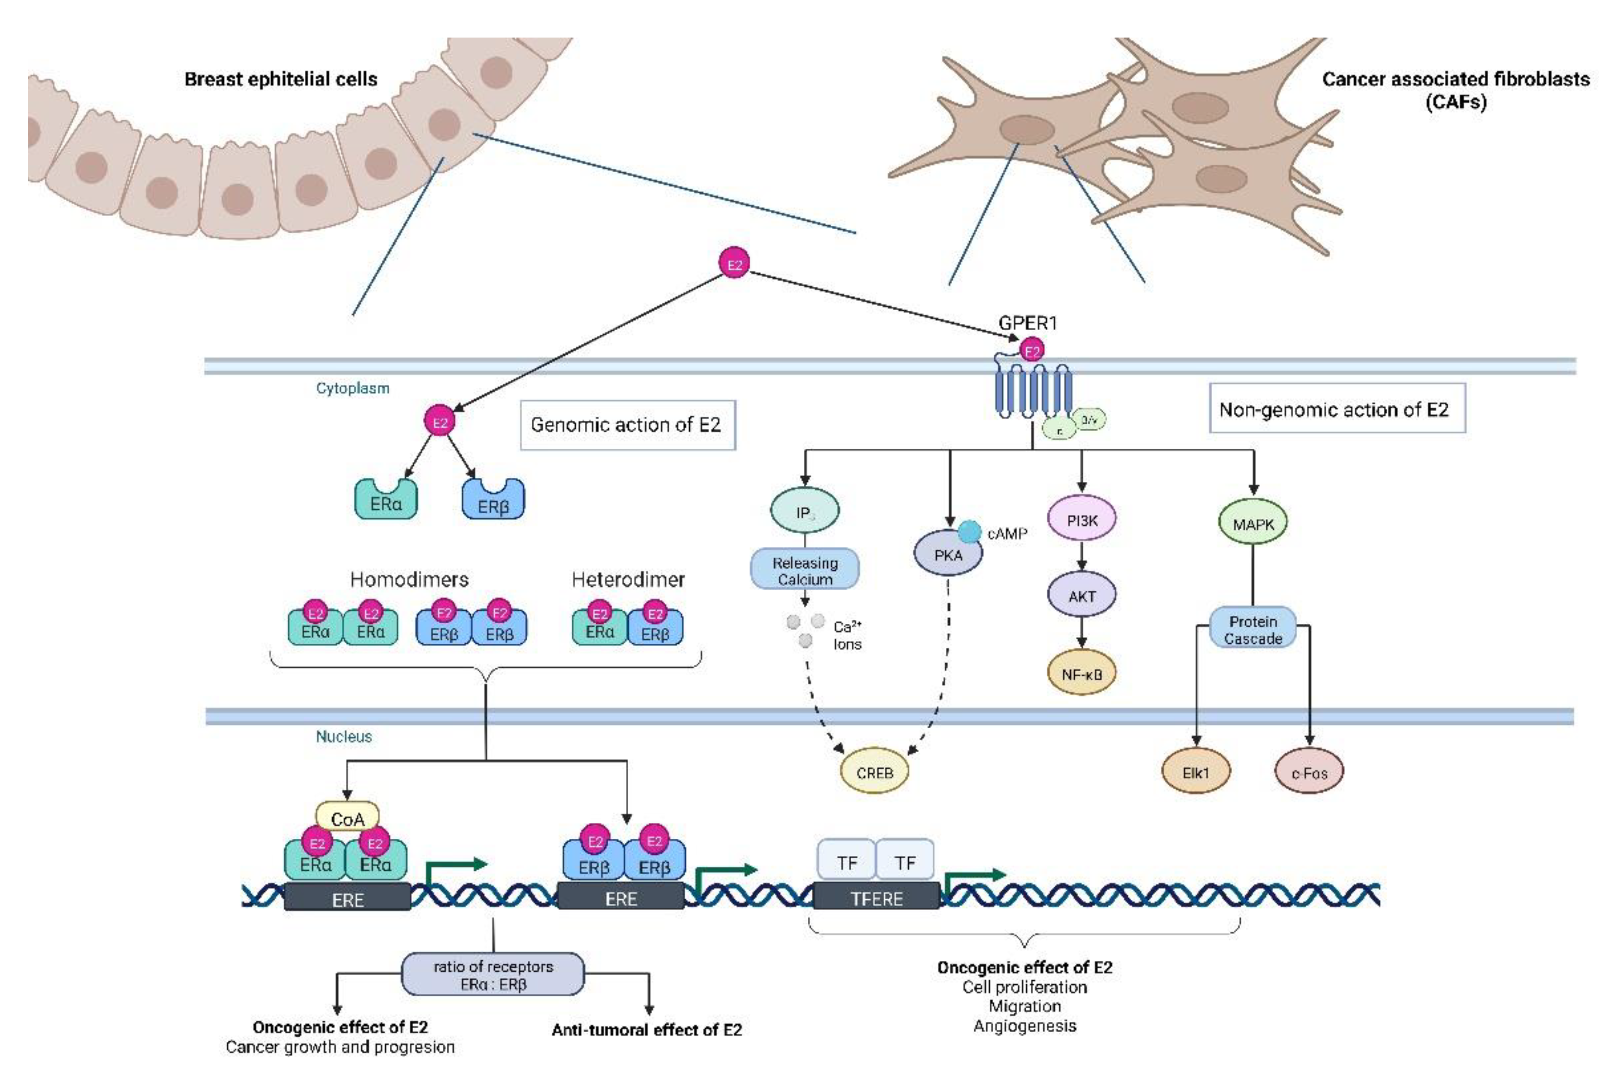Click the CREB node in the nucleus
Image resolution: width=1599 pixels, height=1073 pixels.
pos(875,772)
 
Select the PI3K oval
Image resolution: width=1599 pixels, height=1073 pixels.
pos(1082,520)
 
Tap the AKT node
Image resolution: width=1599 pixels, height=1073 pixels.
pos(1082,596)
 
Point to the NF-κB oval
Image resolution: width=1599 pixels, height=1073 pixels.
pos(1082,674)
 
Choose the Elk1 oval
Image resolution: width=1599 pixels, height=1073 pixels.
pos(1196,773)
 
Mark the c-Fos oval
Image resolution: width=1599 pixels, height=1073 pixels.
pos(1309,773)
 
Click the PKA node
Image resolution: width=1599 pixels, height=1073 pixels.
pos(948,554)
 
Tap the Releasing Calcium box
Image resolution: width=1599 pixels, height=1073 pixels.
pos(805,570)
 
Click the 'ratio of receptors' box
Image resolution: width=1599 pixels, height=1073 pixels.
pos(493,974)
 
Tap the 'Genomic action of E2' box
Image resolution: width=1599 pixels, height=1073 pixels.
pos(627,425)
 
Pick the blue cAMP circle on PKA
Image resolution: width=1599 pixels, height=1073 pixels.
pos(969,532)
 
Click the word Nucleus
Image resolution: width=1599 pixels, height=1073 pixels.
pos(343,736)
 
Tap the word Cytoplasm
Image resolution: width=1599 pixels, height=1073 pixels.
pos(352,388)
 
